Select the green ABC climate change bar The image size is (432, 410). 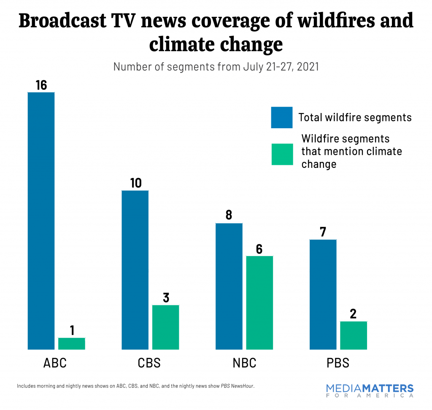(71, 343)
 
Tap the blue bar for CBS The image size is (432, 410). (135, 270)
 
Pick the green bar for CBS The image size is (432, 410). (165, 327)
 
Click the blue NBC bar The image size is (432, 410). (229, 286)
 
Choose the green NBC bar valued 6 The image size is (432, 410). (259, 302)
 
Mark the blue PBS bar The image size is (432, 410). (323, 294)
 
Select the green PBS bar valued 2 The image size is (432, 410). (354, 335)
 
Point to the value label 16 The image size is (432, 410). (41, 85)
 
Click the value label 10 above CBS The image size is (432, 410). (135, 183)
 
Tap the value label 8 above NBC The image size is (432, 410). (229, 216)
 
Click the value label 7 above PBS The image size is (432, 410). (323, 232)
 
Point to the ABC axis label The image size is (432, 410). (55, 363)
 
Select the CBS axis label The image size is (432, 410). (149, 363)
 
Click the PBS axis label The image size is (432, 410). (338, 363)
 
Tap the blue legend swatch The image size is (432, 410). (281, 117)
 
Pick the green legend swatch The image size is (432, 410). (281, 154)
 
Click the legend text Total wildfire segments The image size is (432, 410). (355, 117)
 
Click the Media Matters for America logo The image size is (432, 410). (370, 391)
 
